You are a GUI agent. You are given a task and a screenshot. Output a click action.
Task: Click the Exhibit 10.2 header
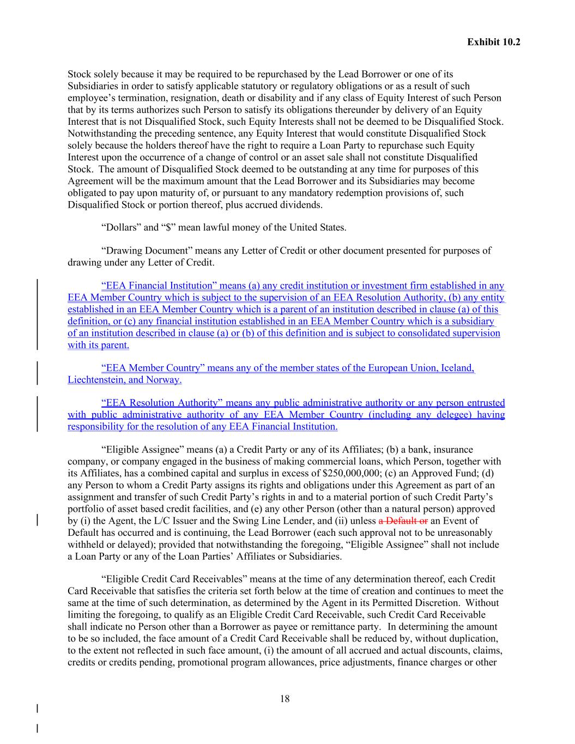(x=493, y=41)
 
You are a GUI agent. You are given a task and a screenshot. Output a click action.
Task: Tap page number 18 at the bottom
(x=285, y=699)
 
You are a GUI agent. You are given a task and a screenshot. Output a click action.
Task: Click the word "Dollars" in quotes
(x=119, y=227)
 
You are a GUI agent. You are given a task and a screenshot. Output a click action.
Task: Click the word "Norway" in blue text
(x=164, y=380)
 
